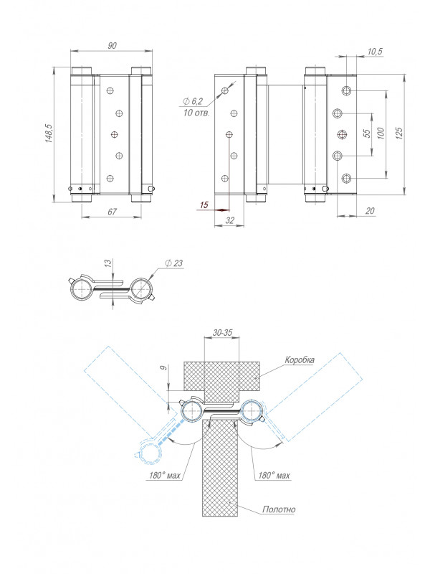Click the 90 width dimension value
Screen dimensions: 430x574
tap(113, 45)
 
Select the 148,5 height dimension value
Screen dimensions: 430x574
tap(49, 133)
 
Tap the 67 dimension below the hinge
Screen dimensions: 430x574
tap(112, 212)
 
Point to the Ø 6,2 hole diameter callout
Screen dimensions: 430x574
tap(192, 102)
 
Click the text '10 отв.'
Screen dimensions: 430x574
tap(196, 113)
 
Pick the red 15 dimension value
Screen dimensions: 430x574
tap(204, 204)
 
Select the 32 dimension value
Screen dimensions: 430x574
tap(229, 220)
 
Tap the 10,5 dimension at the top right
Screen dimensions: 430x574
tap(374, 52)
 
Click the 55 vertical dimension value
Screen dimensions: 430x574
tap(367, 133)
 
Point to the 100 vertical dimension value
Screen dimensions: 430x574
tap(381, 133)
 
